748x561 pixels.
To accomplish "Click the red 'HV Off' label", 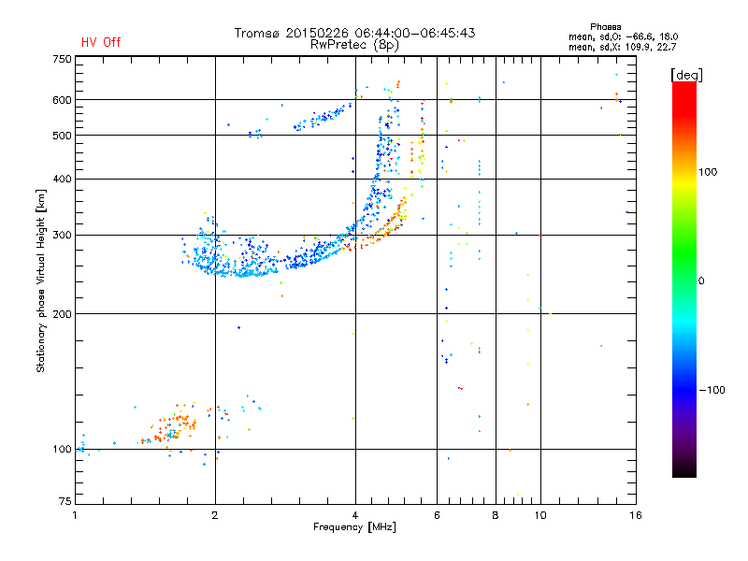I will click(100, 42).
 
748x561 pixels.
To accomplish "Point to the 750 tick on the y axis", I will click(62, 59).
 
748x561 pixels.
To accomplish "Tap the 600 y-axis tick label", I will click(62, 100).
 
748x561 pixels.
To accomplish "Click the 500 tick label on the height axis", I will click(62, 136).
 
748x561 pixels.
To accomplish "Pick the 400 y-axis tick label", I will click(62, 179).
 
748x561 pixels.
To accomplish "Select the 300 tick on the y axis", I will click(62, 236).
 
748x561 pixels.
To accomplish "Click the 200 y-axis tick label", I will click(62, 314).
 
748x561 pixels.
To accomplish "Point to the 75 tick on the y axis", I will click(65, 501).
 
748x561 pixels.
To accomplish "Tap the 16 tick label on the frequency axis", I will click(634, 515).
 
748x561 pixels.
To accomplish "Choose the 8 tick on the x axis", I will click(496, 515).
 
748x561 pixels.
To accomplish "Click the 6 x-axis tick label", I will click(437, 515).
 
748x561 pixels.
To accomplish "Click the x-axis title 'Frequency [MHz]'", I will click(355, 528).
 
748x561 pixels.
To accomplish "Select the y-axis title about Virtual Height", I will click(41, 280).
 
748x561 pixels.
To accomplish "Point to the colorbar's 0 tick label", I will click(702, 280).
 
